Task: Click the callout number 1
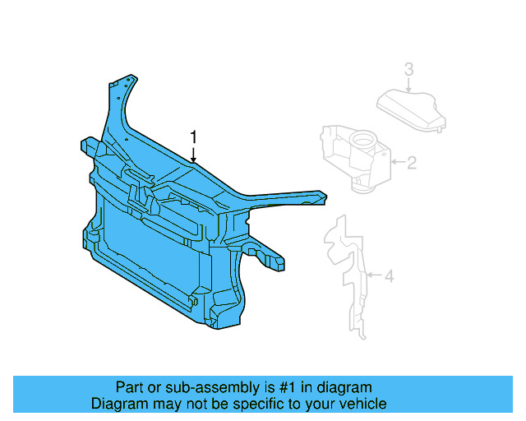(194, 136)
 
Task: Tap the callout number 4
(390, 276)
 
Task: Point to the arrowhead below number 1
(194, 159)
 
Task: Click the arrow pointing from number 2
(398, 163)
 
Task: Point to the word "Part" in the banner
(129, 387)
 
